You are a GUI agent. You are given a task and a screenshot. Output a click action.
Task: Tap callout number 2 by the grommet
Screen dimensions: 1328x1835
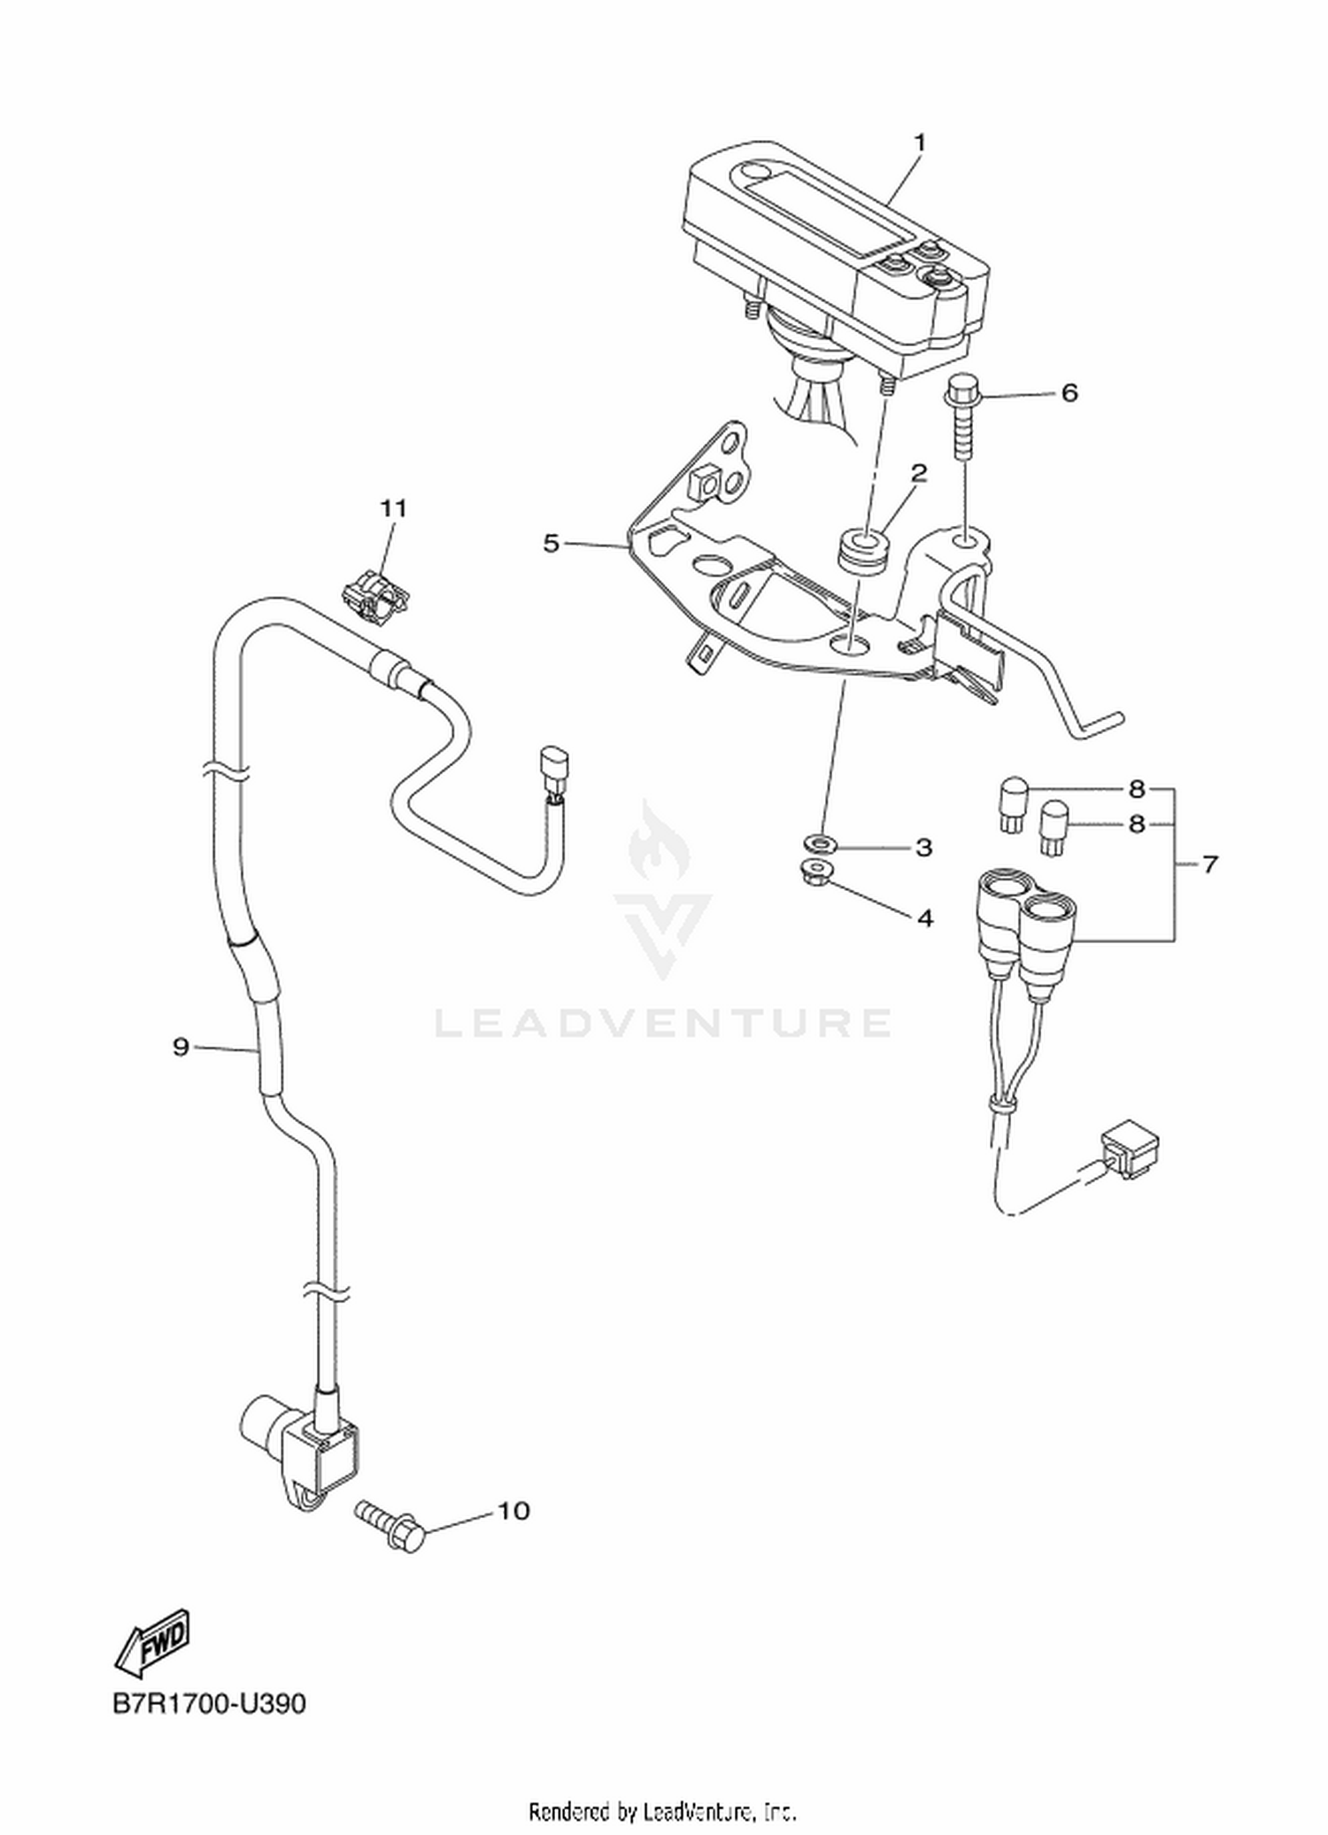click(919, 473)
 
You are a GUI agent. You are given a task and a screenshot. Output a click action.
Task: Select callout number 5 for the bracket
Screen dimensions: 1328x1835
click(552, 543)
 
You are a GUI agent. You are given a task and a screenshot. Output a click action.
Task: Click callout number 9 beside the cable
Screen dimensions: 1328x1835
click(181, 1048)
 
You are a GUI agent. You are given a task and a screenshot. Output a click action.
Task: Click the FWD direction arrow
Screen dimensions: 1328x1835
click(152, 1638)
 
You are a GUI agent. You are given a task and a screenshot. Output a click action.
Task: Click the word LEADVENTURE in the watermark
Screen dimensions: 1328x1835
click(662, 1023)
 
